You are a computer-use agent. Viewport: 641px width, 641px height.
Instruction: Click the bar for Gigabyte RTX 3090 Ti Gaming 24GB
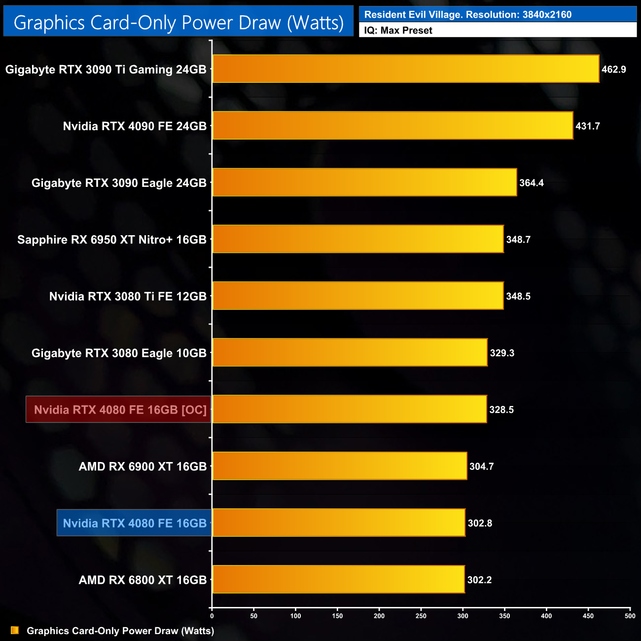pos(405,69)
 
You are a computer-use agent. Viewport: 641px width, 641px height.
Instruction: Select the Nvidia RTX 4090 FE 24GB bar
pos(392,126)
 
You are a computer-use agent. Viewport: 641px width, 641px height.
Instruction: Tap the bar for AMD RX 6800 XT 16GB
pos(338,579)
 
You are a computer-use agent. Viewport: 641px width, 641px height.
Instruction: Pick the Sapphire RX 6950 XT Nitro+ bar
pos(358,239)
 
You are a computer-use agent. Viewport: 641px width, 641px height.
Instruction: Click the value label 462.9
pos(614,70)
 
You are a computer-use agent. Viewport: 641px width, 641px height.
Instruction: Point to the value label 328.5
pos(501,410)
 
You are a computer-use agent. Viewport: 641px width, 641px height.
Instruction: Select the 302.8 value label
pos(480,523)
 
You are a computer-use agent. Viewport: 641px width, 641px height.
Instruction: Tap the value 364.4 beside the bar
pos(532,183)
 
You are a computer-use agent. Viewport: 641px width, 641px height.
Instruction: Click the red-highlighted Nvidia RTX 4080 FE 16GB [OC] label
pos(119,410)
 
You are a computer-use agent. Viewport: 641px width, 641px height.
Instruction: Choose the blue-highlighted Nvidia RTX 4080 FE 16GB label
pos(135,523)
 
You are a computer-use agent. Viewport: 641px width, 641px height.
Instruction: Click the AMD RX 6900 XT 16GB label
pos(142,466)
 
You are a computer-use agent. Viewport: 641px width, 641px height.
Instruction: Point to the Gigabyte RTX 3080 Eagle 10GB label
pos(119,353)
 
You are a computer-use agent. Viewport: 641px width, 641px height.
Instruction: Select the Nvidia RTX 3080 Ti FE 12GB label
pos(128,296)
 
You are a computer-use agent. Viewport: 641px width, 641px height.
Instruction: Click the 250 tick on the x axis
pos(421,616)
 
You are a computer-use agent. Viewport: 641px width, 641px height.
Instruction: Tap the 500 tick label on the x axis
pos(630,616)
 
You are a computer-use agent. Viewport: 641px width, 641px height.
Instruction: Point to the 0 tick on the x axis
pos(212,616)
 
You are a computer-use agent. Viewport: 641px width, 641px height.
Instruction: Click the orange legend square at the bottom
pos(15,631)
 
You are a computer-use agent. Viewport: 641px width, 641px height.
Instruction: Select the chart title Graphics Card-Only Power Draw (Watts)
pos(178,23)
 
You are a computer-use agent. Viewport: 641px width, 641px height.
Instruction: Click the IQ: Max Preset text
pos(398,31)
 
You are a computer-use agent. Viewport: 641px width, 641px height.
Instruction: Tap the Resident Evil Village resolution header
pos(468,15)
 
